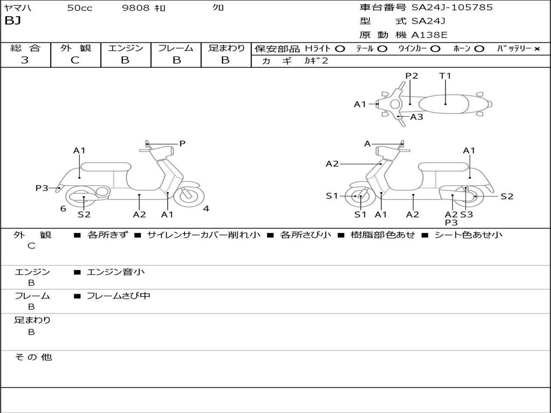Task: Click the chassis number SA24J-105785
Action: (452, 8)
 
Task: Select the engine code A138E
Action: (429, 35)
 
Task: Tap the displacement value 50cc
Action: (80, 8)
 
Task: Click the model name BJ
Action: (12, 22)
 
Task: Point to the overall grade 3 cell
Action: (25, 60)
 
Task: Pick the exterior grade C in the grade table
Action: (75, 60)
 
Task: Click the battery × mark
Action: (536, 48)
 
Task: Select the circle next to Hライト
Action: (340, 48)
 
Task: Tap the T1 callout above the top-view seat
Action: (445, 76)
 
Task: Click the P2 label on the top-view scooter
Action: (412, 76)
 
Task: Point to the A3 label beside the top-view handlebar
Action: (416, 117)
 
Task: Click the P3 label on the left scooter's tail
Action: (42, 188)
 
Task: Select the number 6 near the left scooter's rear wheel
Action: (63, 209)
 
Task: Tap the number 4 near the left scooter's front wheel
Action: (206, 209)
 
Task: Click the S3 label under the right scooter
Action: (467, 215)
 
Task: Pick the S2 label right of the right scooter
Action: (507, 196)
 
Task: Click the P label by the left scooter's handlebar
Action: (182, 144)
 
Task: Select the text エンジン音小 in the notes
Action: (115, 272)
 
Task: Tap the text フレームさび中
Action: (118, 296)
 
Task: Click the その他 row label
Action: (33, 357)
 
